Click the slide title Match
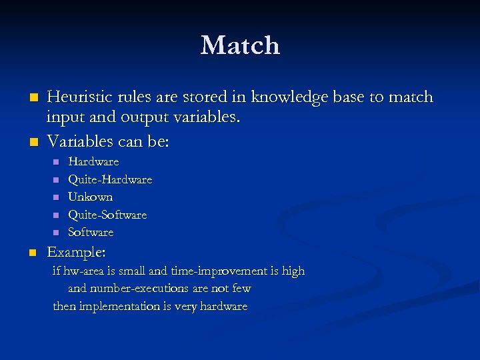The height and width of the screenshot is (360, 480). tap(240, 45)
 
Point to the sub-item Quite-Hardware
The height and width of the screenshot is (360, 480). tap(110, 179)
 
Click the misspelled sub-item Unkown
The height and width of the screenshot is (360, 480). tap(91, 197)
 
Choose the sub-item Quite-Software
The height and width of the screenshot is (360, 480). tap(107, 215)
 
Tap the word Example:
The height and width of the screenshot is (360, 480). tap(76, 253)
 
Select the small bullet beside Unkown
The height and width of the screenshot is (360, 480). tap(56, 197)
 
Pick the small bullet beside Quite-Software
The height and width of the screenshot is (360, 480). tap(56, 215)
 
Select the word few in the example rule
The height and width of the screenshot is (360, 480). tap(241, 289)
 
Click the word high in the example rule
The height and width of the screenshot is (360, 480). tap(293, 271)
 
